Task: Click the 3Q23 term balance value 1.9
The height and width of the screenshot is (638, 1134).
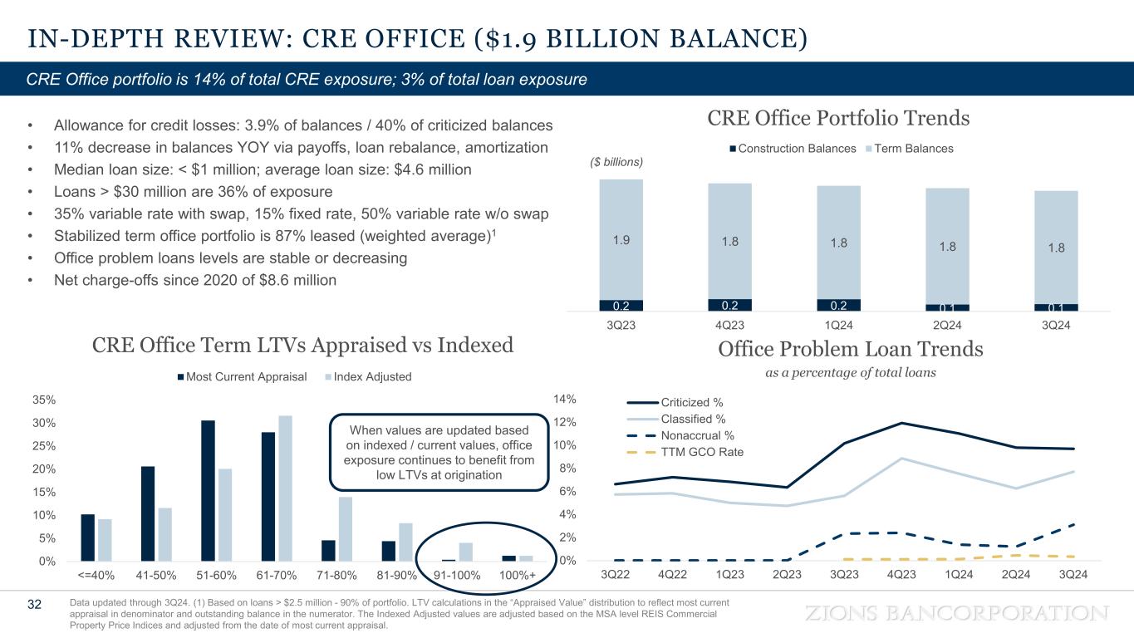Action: [x=621, y=240]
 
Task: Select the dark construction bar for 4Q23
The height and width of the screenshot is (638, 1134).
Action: [x=729, y=305]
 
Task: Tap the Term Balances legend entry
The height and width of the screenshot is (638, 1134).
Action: [x=911, y=148]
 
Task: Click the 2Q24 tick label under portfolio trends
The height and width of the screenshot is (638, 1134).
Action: [x=947, y=325]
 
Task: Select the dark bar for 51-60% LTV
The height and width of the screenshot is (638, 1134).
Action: [x=208, y=490]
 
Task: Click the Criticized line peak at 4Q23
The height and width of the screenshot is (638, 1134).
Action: [x=901, y=424]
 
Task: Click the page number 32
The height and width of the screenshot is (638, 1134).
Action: [x=34, y=604]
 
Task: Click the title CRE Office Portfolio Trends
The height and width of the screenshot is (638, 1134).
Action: [x=838, y=118]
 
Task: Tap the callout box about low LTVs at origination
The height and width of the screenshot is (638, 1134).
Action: [x=439, y=452]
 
